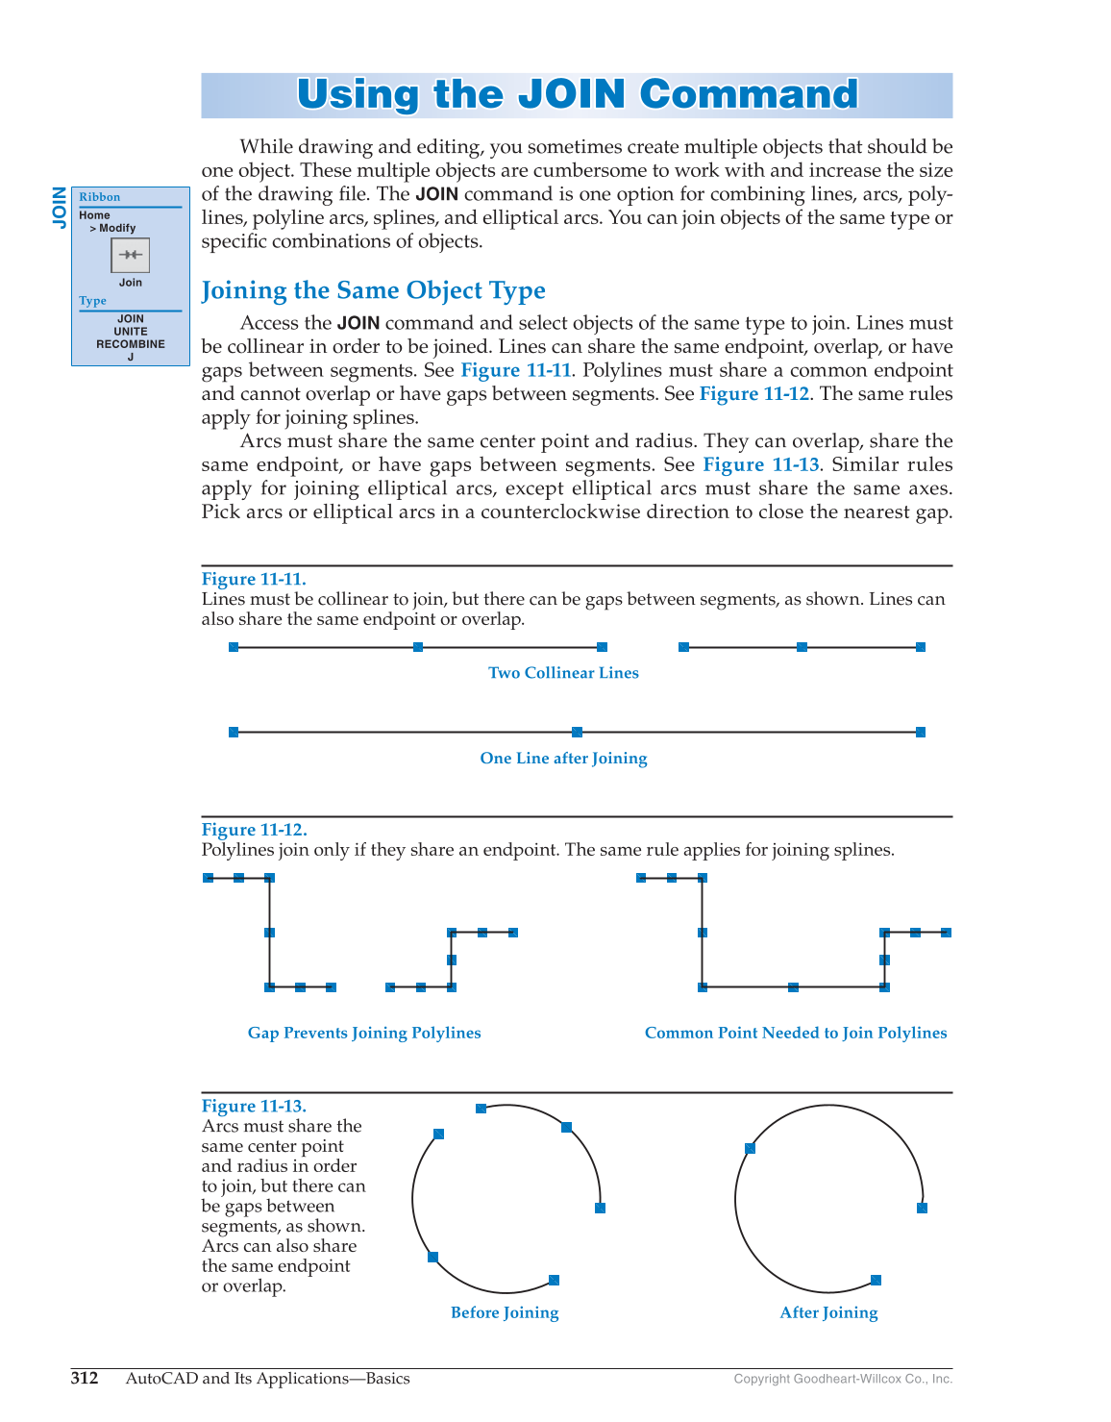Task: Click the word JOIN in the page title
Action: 572,94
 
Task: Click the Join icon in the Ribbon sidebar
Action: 131,256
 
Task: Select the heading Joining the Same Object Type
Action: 373,290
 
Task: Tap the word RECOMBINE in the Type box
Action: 131,344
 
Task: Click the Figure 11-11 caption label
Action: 254,579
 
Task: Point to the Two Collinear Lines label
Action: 563,673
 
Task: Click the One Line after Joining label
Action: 563,759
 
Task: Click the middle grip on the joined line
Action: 577,733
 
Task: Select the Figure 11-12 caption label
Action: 254,830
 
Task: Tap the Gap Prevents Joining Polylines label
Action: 364,1033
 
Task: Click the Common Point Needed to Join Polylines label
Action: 796,1033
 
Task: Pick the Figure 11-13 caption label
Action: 254,1107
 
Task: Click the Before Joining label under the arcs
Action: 505,1312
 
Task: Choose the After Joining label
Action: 828,1312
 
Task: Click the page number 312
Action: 85,1379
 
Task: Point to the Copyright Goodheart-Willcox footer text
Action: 843,1380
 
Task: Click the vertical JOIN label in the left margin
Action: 60,207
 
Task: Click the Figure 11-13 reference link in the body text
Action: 761,465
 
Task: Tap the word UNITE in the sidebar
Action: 131,332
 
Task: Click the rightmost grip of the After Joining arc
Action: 922,1208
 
